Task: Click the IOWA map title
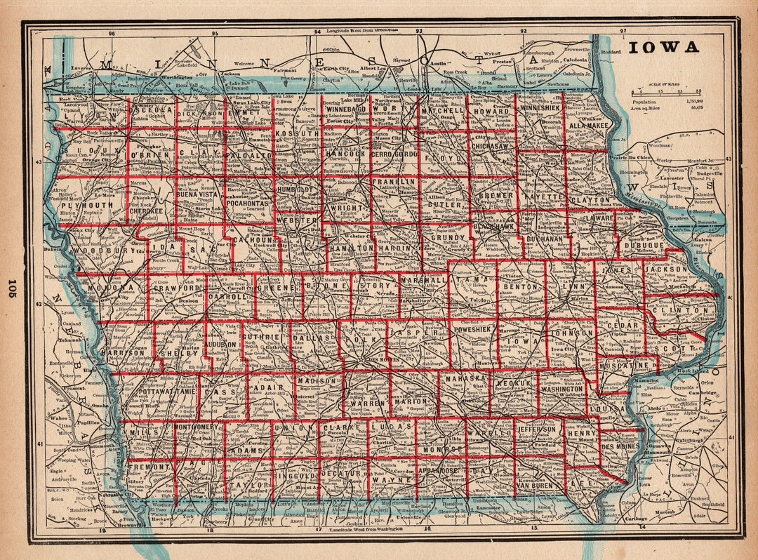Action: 663,47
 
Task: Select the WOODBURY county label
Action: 103,251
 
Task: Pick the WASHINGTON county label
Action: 562,389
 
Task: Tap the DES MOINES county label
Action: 620,446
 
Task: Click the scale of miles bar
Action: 667,92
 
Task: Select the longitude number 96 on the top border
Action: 111,33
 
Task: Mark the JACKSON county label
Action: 666,269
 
